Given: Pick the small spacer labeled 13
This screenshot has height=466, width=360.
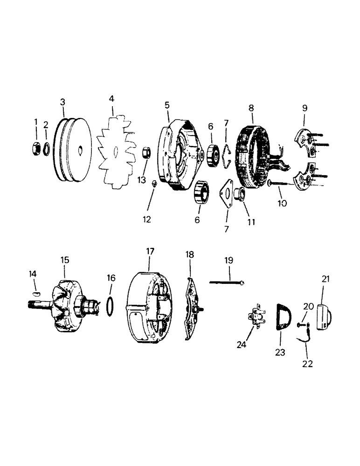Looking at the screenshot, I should [145, 152].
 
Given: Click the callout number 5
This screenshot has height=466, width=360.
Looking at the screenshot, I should [167, 105].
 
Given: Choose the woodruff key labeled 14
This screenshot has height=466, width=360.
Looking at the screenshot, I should [36, 293].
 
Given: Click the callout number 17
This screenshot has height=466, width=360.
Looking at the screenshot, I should [150, 251].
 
